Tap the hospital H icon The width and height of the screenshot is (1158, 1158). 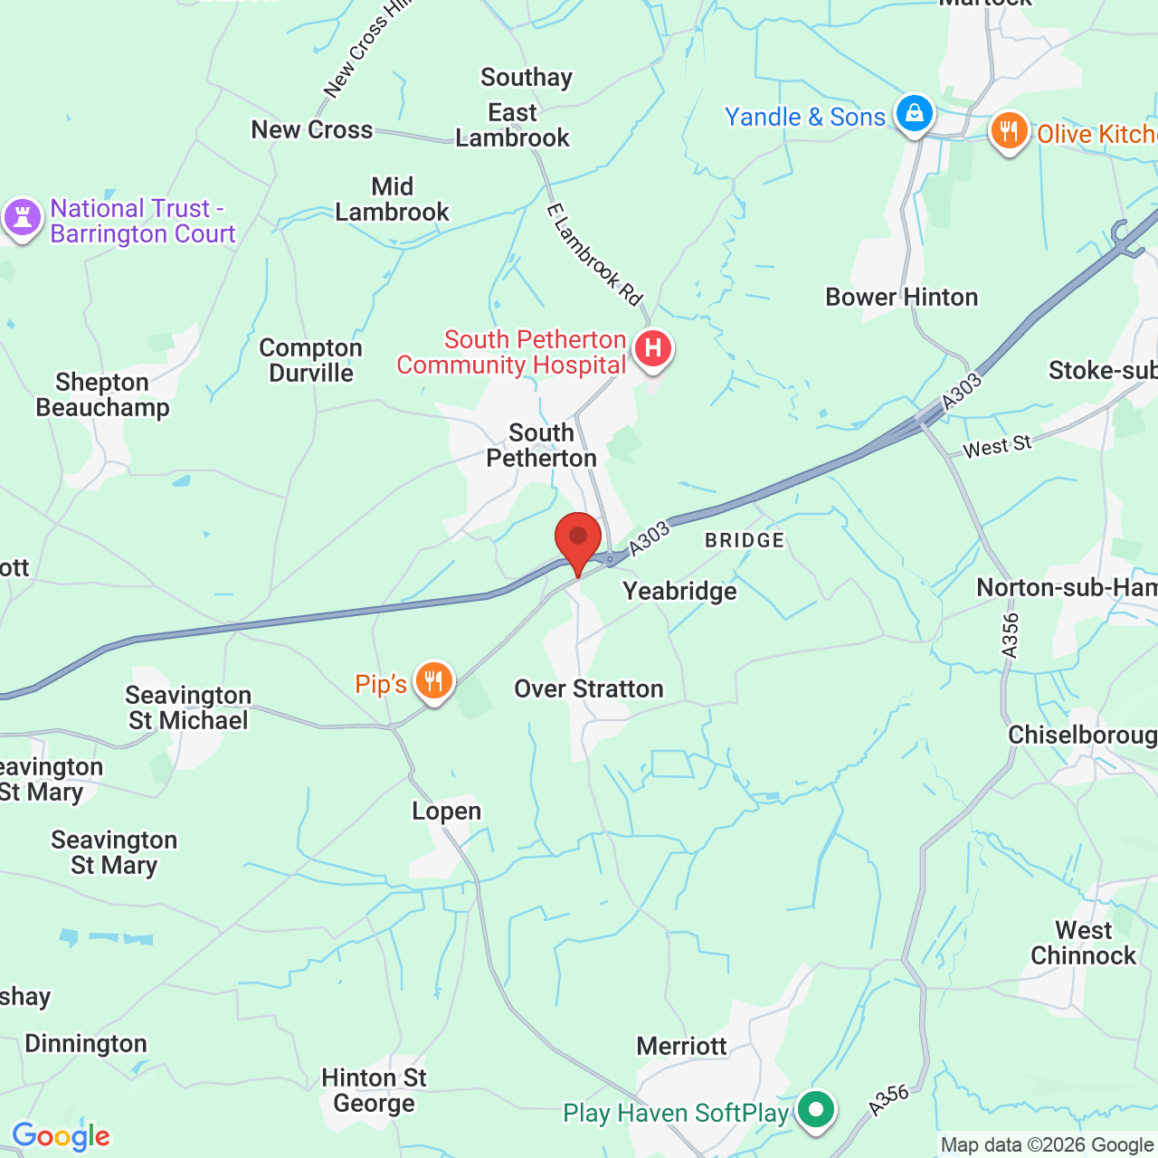[652, 348]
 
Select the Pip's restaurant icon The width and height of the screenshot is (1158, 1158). [433, 681]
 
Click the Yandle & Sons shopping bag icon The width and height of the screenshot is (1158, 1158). [914, 114]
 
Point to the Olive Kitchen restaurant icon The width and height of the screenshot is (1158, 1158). [1009, 132]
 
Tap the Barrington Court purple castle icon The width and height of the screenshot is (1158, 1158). [22, 218]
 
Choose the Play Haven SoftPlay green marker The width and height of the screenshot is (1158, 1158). [816, 1109]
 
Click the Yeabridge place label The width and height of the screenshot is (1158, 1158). [679, 592]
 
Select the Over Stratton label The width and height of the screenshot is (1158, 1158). [589, 689]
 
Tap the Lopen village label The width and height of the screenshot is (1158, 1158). [446, 812]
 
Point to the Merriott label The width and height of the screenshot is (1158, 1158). [681, 1047]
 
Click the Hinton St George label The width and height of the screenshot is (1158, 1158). [374, 1091]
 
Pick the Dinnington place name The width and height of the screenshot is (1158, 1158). [86, 1044]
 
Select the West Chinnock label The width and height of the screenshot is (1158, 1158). [1083, 944]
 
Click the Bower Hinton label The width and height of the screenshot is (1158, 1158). [901, 298]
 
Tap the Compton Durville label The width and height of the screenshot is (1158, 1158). [310, 361]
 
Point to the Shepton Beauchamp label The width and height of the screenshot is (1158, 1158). [102, 395]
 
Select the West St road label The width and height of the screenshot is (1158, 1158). [997, 446]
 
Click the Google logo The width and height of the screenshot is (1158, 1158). [61, 1136]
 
